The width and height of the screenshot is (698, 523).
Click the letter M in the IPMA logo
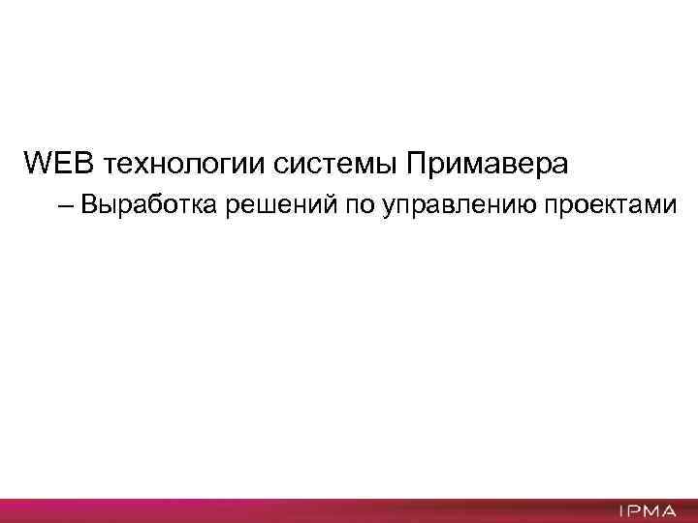(x=650, y=510)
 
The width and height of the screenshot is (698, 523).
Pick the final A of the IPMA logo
(x=668, y=510)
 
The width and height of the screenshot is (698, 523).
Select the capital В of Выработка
(x=89, y=204)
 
